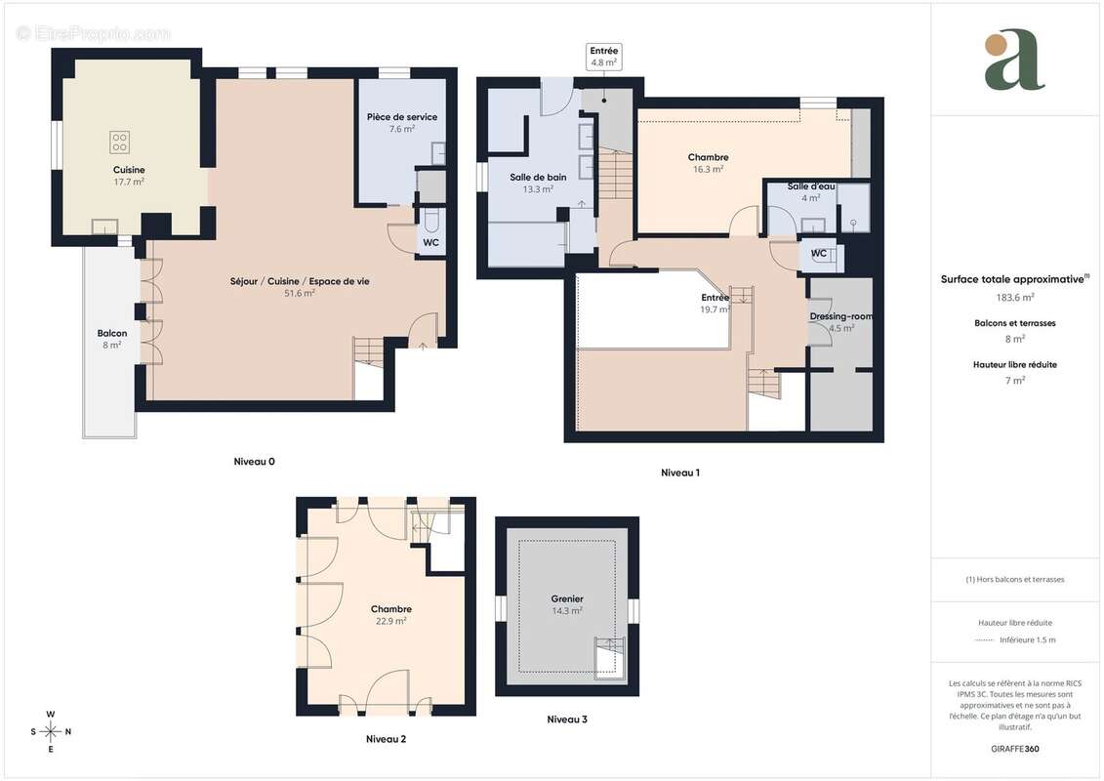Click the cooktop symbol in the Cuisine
(119, 144)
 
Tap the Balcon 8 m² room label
(111, 339)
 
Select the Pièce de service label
(402, 122)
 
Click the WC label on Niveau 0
(430, 242)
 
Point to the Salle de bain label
(538, 183)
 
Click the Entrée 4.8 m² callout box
(604, 57)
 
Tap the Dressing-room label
(840, 321)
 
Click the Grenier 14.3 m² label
(566, 604)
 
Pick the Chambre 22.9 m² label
(390, 614)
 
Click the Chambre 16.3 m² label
(708, 163)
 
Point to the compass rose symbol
(51, 731)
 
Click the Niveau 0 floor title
(255, 461)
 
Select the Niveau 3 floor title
(567, 719)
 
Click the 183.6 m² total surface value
(1015, 297)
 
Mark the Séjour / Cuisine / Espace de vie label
(300, 287)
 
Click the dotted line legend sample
(987, 640)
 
